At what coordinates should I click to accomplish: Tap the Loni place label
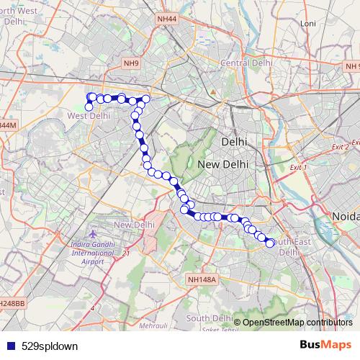[x=308, y=23]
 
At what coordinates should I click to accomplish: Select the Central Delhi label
[x=246, y=63]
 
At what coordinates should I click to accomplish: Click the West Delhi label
[x=89, y=115]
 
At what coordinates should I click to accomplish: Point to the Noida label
[x=345, y=217]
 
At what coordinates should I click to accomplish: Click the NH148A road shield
[x=202, y=279]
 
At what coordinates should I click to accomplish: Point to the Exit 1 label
[x=297, y=168]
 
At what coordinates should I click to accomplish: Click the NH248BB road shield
[x=12, y=303]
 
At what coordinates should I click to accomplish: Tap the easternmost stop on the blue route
[x=271, y=243]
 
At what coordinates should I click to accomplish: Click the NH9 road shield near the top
[x=131, y=63]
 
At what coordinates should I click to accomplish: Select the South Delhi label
[x=207, y=318]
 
